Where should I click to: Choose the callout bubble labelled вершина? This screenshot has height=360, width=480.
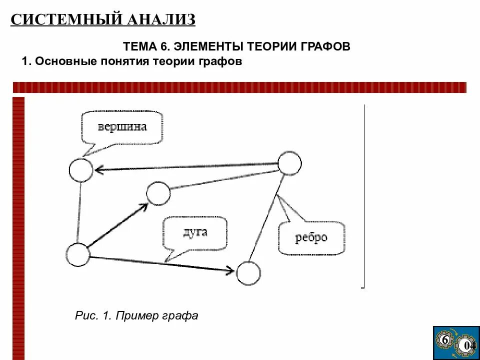tap(122, 127)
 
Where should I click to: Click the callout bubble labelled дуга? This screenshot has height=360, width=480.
tap(195, 232)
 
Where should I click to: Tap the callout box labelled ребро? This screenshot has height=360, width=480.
tap(311, 237)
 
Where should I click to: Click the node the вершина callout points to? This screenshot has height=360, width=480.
tap(80, 170)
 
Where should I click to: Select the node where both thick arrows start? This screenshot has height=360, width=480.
tap(78, 255)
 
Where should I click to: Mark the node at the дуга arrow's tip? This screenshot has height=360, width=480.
tap(248, 273)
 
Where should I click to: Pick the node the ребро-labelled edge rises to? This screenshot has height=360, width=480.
tap(289, 163)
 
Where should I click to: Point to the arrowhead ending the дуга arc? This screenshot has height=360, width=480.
tap(230, 270)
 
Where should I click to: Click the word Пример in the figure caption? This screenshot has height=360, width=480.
tap(137, 316)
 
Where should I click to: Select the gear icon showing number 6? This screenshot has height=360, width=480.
tap(444, 340)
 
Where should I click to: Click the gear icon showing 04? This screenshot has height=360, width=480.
tap(468, 345)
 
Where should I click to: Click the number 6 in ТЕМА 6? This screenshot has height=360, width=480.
tap(163, 46)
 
